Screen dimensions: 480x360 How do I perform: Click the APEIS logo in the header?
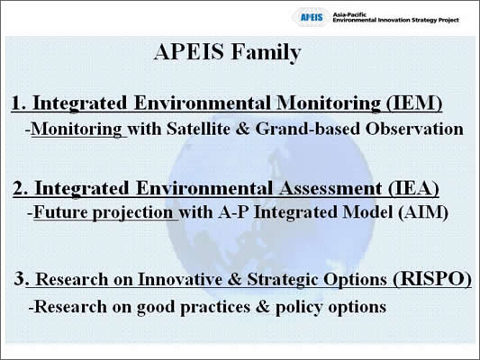click(312, 17)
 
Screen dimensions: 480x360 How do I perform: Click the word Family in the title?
click(266, 52)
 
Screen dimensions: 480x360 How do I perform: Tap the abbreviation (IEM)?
click(413, 103)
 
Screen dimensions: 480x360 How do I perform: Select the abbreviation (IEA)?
click(413, 188)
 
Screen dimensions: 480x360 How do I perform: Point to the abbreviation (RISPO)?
click(432, 279)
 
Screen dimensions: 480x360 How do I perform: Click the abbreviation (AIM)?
click(423, 212)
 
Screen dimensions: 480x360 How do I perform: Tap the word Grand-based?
click(307, 129)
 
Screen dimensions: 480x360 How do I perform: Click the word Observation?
click(414, 129)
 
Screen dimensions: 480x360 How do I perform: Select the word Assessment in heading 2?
click(331, 188)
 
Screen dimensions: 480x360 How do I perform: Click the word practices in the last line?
click(215, 307)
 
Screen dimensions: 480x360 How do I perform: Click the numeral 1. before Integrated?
click(19, 103)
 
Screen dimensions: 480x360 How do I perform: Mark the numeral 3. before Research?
click(22, 279)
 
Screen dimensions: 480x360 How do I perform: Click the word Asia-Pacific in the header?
click(349, 14)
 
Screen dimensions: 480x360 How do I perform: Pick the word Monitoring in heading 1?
click(329, 103)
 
